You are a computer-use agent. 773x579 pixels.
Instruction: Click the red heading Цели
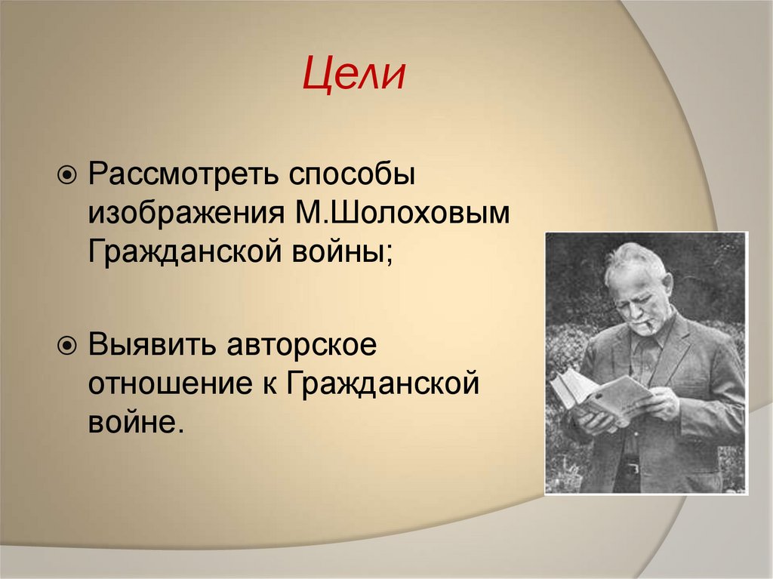pos(355,76)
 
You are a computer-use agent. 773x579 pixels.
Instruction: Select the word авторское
pos(292,346)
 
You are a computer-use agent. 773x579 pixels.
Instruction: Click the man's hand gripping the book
pos(657,406)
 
